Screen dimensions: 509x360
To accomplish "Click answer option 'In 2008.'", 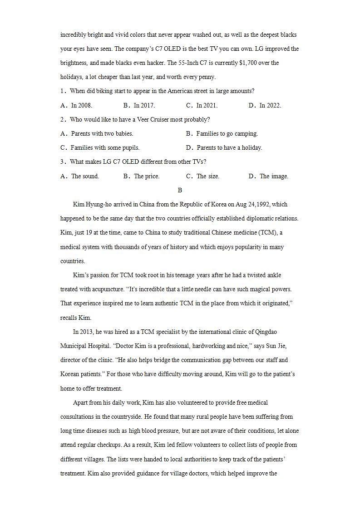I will [81, 105].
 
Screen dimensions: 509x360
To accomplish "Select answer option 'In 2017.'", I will [144, 105].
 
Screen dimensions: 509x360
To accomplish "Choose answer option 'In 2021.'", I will [207, 105].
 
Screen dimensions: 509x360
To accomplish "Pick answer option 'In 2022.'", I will [270, 105].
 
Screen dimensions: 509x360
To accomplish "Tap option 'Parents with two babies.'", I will [102, 134].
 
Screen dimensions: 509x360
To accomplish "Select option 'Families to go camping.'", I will [227, 134].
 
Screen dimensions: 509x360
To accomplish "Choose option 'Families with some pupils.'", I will [105, 148].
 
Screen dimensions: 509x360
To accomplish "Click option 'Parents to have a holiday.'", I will [229, 148].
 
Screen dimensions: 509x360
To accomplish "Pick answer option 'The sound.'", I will [85, 176].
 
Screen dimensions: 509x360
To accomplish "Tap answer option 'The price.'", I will [147, 176].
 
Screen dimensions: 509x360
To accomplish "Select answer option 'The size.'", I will [208, 176].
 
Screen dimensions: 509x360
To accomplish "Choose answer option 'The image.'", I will [274, 176].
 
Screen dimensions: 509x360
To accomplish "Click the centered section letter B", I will [180, 191].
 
